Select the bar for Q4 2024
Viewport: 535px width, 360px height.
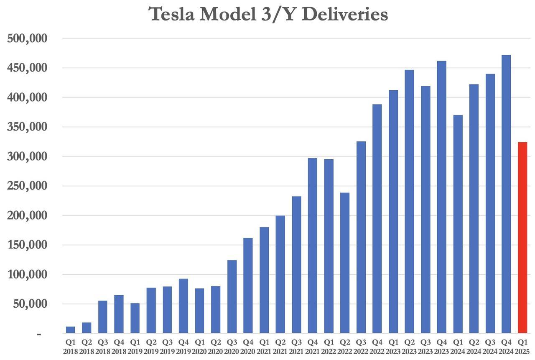(x=506, y=194)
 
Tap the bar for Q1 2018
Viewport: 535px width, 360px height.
(x=71, y=330)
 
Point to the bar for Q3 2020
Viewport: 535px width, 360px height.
(x=232, y=296)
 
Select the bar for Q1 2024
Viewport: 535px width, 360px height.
(x=458, y=224)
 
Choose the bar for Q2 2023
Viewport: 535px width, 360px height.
(x=409, y=201)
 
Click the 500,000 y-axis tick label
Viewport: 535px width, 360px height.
(x=28, y=38)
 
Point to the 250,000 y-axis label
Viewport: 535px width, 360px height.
(x=28, y=186)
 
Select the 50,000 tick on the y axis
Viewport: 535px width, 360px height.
(x=31, y=304)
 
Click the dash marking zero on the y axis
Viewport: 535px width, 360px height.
(x=39, y=334)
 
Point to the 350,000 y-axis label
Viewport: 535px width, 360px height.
(x=28, y=127)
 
